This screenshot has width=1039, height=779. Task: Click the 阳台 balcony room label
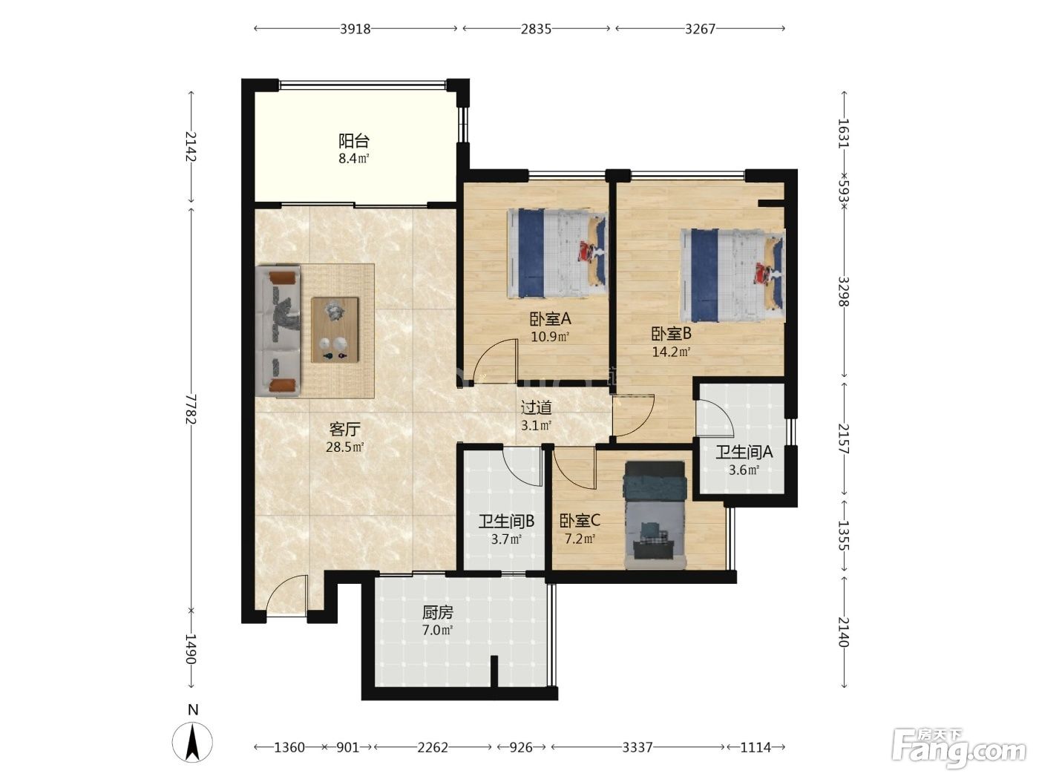pos(353,141)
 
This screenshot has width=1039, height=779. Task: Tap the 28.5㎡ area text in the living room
pos(344,447)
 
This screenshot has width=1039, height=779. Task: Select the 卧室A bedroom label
pos(550,319)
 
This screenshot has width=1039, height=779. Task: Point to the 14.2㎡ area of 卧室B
pos(671,352)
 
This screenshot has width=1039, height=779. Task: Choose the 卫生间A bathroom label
pos(744,453)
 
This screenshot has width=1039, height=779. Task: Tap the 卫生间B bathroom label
pos(506,522)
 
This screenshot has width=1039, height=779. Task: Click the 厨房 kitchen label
pos(438,613)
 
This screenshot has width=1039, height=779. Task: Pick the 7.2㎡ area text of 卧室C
pos(580,539)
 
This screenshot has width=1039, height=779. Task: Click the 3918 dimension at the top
pos(355,30)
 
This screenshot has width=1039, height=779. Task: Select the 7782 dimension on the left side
pos(190,409)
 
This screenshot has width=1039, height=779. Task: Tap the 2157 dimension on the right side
pos(843,439)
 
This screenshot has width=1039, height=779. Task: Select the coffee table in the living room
pos(335,329)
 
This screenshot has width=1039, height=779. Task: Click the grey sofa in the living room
pos(278,331)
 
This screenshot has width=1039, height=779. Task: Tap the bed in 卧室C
pos(655,515)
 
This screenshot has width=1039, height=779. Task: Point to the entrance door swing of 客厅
pos(286,594)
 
